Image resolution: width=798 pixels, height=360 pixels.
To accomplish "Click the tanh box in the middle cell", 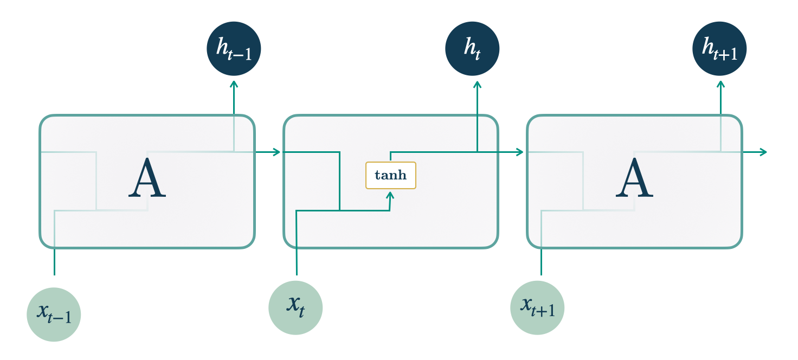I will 391,176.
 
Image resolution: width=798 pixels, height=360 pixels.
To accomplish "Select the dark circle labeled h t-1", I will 234,48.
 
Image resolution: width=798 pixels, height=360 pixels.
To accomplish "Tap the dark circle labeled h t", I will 472,48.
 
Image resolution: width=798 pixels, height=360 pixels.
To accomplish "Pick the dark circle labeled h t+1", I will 719,48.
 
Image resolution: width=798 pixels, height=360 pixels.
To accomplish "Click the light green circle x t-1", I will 54,314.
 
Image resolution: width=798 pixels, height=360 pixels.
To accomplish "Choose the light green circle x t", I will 295,308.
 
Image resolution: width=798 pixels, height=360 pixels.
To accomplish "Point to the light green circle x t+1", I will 537,308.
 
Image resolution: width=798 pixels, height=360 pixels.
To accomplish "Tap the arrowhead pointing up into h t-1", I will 234,84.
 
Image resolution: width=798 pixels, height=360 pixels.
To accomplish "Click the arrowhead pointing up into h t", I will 477,84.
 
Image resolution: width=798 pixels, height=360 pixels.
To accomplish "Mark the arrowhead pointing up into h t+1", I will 720,84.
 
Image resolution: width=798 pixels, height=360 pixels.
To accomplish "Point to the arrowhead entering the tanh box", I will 390,193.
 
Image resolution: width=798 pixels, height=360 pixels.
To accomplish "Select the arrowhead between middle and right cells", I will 520,152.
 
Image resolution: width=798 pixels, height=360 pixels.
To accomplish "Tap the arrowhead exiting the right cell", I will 764,152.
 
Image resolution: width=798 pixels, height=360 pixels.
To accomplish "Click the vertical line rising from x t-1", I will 54,260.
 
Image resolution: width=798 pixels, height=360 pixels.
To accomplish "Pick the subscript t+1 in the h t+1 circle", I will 729,54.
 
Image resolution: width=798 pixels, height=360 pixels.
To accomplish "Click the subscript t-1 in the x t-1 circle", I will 62,317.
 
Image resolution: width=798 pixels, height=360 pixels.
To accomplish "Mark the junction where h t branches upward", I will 477,152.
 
